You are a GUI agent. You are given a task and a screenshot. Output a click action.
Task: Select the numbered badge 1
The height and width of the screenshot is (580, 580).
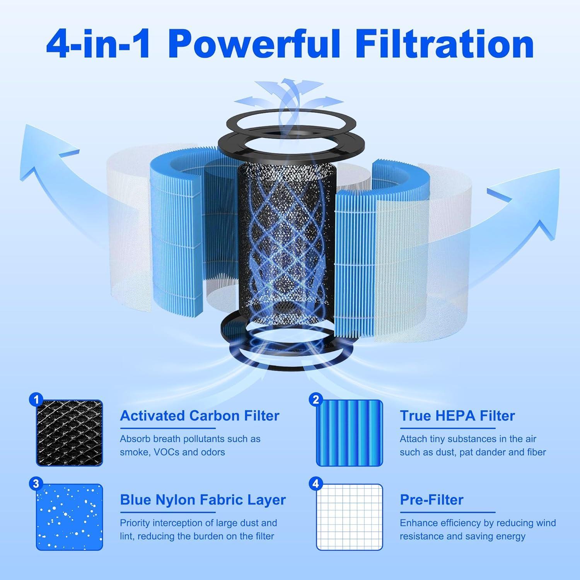(x=36, y=399)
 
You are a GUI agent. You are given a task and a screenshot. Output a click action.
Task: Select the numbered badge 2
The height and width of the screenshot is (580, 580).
(x=316, y=399)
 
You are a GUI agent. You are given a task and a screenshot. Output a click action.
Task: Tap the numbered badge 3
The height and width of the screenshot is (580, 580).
(x=36, y=483)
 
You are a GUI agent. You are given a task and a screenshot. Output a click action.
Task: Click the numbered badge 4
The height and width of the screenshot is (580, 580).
(x=316, y=483)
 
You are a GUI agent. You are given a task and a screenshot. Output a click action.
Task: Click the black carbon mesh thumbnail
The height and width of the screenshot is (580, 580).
(x=70, y=433)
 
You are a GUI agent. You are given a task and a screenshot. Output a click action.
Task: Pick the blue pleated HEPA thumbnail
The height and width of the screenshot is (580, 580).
(x=350, y=433)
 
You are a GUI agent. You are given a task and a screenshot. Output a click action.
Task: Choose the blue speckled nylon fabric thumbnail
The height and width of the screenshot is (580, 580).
(x=70, y=517)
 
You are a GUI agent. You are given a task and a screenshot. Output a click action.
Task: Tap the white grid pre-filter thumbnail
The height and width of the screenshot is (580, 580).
(x=350, y=517)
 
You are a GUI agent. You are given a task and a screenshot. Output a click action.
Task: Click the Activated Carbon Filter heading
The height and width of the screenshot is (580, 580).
(x=200, y=416)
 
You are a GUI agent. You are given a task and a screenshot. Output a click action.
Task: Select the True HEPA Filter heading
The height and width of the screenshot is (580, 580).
(x=457, y=416)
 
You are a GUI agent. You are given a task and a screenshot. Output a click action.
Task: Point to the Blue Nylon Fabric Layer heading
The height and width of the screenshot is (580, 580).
(x=203, y=500)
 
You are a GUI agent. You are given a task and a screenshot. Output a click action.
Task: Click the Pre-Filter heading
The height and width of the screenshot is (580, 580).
(x=431, y=500)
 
